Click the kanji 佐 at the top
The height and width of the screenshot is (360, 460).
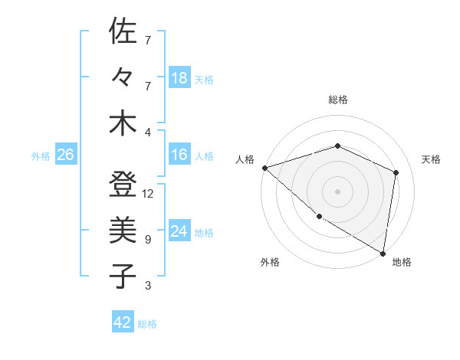[x=123, y=32]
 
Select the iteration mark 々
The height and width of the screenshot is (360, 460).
[x=123, y=78]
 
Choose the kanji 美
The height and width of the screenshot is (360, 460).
[x=123, y=230]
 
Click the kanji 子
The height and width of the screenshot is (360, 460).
[x=123, y=276]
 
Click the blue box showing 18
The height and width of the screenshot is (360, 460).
[x=179, y=78]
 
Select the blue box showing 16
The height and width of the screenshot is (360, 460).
[x=179, y=155]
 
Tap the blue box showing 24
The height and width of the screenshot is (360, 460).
[x=179, y=231]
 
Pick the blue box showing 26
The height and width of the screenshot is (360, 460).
[x=65, y=155]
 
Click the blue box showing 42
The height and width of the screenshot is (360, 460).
[x=123, y=322]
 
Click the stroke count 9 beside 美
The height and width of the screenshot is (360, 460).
[x=147, y=239]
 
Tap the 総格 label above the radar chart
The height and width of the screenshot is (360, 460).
[x=337, y=100]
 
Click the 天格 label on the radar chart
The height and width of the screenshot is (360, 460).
[x=431, y=159]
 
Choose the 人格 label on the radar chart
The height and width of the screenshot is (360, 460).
[x=245, y=159]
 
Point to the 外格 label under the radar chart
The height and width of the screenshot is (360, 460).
[x=270, y=262]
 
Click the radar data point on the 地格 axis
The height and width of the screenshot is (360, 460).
[x=383, y=253]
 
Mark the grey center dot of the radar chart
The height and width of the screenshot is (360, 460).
[x=337, y=191]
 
